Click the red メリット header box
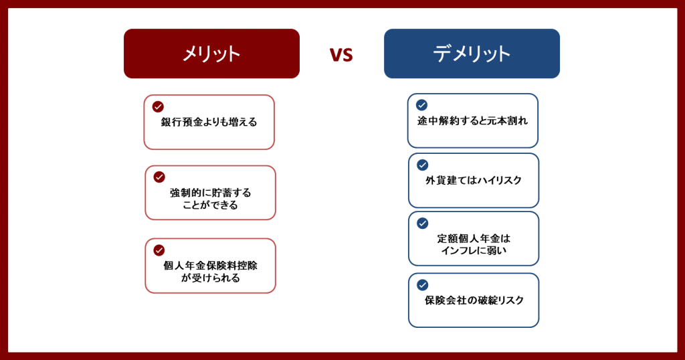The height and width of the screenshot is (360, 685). tap(211, 54)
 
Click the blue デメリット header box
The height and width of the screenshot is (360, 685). tap(472, 54)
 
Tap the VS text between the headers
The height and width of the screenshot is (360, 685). tap(341, 55)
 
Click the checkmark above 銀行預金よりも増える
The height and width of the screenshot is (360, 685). tap(158, 106)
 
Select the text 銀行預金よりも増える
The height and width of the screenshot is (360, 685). tap(209, 122)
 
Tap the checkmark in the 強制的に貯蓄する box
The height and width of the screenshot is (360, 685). tap(159, 177)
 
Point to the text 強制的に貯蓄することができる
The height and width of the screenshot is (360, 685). tap(210, 199)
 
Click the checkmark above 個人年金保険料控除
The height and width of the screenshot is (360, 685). tap(159, 250)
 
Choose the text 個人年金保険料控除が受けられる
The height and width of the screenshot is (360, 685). tap(210, 272)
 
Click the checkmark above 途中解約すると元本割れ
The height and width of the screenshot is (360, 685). tap(421, 105)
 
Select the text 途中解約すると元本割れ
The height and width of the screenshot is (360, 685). tap(473, 120)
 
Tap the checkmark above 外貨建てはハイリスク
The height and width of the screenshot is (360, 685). tap(423, 165)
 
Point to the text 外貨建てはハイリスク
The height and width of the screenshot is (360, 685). tap(474, 181)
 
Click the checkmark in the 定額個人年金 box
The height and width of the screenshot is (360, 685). tap(423, 223)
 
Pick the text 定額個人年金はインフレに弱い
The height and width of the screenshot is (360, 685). tap(474, 245)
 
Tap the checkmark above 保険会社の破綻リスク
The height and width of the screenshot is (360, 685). tap(423, 285)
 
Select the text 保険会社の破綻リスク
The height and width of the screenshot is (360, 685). tap(474, 300)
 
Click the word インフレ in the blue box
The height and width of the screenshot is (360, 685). tap(458, 251)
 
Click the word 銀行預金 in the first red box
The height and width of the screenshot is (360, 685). tap(180, 122)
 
